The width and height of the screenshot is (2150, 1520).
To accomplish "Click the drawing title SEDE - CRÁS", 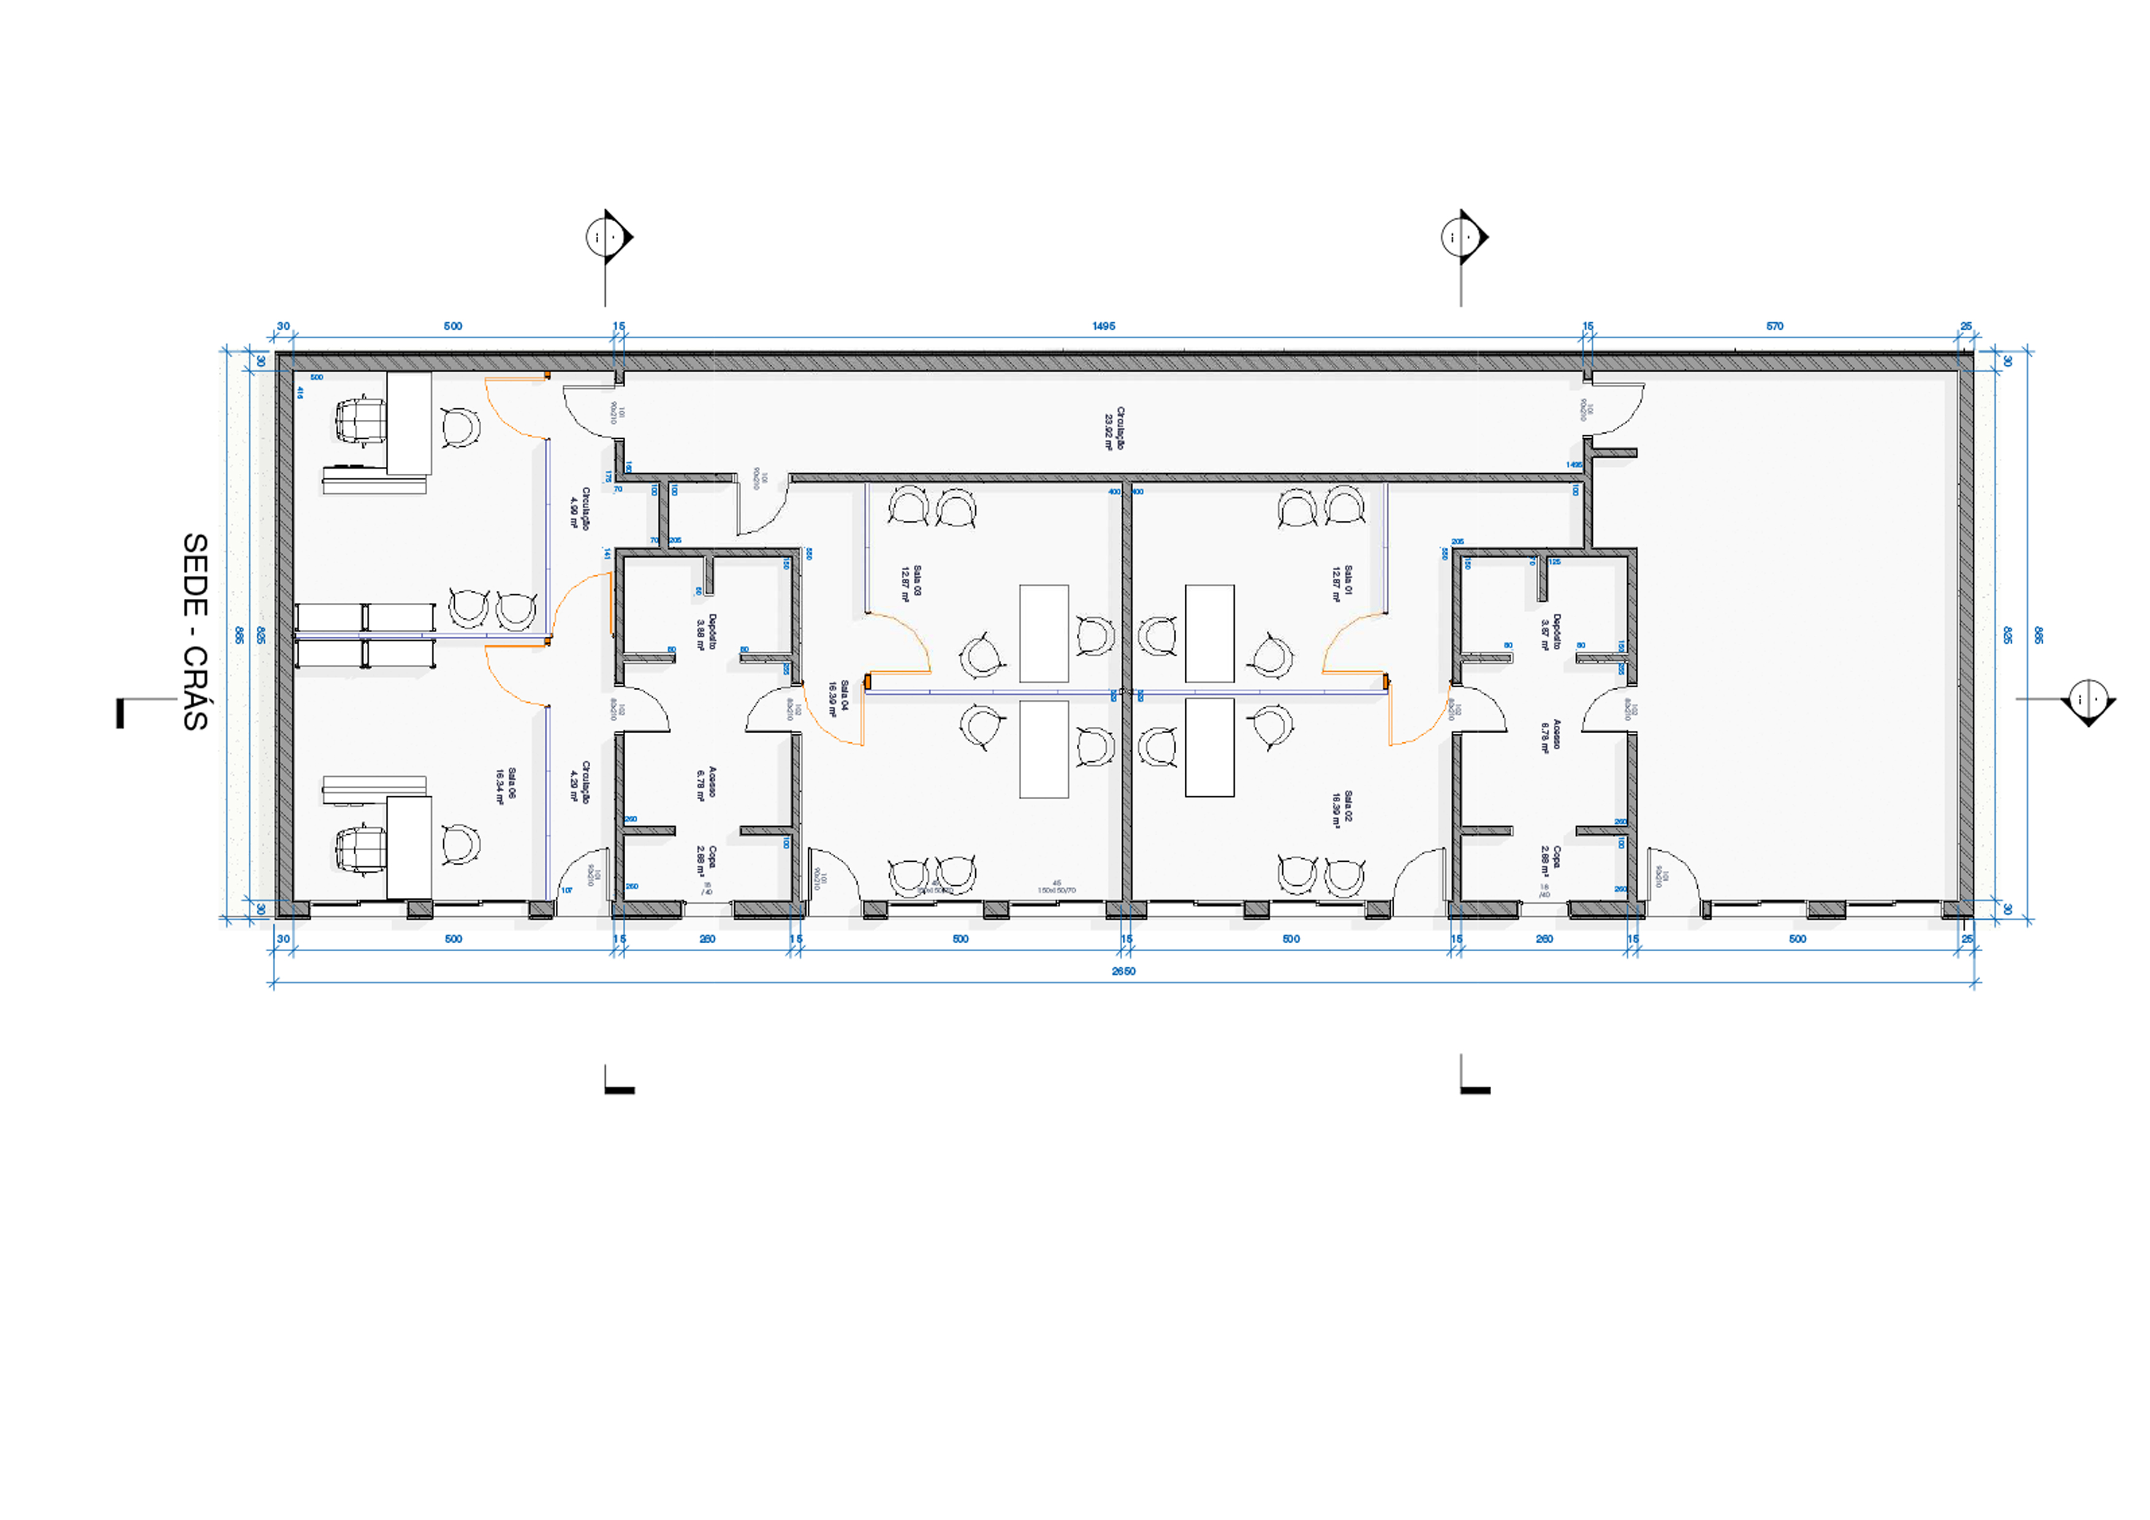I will tap(195, 631).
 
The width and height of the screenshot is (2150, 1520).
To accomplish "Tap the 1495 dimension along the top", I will tap(1103, 326).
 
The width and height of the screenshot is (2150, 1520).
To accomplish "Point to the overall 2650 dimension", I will tap(1123, 971).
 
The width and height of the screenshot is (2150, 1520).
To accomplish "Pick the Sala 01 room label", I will tap(1342, 582).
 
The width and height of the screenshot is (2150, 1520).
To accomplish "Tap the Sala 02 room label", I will tap(1342, 808).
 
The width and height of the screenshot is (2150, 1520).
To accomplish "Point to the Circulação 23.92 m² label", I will tap(1114, 428).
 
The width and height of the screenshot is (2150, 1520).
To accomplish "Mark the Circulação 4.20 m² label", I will tap(580, 781).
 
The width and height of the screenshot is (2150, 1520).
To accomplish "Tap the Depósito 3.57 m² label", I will tap(1550, 631).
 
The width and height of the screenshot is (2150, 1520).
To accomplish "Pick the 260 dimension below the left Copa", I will tap(707, 938).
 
